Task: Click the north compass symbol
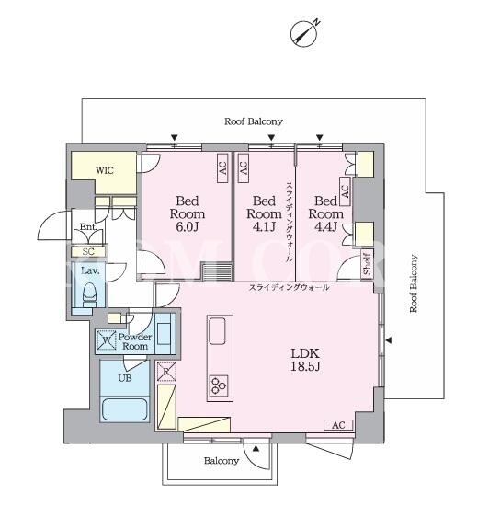(304, 33)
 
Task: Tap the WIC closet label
(105, 170)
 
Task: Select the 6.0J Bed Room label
(187, 213)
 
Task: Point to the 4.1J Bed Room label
(264, 213)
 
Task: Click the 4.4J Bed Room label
(325, 213)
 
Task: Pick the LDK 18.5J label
(305, 360)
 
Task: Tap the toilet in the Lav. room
(90, 294)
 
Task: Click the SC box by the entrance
(88, 251)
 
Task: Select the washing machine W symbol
(107, 339)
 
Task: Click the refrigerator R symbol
(166, 372)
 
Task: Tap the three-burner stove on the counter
(219, 386)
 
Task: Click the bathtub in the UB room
(125, 409)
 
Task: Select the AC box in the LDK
(338, 425)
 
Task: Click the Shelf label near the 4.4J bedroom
(367, 264)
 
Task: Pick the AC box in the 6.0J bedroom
(222, 168)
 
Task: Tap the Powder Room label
(135, 341)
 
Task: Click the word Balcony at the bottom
(222, 461)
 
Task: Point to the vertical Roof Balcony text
(414, 283)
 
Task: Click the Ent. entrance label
(88, 226)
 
